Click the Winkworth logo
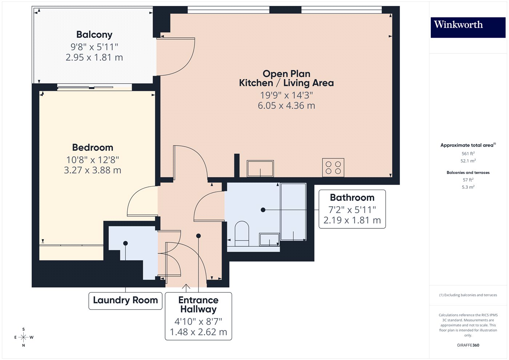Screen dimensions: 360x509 468,27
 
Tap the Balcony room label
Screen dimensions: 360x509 94,35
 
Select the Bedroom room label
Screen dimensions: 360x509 93,147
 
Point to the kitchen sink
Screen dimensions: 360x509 260,168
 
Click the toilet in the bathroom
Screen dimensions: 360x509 241,233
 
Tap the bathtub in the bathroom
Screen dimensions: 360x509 293,212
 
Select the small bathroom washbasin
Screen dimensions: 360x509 269,240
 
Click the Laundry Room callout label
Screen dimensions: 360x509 125,300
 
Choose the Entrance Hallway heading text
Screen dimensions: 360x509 199,305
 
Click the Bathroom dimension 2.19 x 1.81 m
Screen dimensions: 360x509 352,220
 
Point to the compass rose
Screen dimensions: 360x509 24,337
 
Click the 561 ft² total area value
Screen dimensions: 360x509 468,154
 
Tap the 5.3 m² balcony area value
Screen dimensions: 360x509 468,187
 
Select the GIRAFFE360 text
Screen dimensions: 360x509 468,345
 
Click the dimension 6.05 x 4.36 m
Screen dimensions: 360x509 286,106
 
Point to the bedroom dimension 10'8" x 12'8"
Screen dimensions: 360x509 93,160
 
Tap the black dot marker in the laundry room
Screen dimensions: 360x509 125,243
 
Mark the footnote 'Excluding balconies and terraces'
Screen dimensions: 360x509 468,295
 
